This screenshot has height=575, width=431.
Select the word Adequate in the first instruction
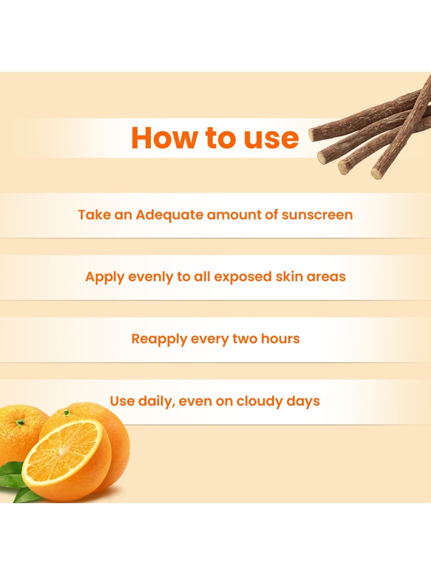pos(170,215)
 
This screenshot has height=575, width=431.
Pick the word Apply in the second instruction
pos(105,277)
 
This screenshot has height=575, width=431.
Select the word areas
pos(326,277)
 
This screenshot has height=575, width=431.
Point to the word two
pos(245,339)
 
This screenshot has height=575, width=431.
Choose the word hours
pos(280,339)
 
